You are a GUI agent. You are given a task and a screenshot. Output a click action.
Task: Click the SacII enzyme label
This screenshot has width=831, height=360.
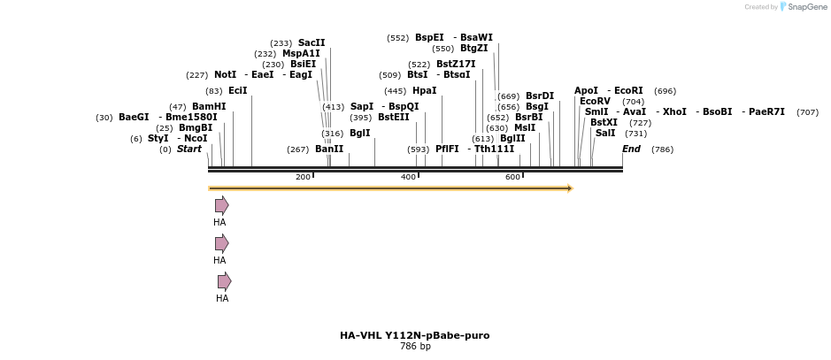coord(312,42)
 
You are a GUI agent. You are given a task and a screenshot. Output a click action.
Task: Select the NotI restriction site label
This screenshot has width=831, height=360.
coord(225,75)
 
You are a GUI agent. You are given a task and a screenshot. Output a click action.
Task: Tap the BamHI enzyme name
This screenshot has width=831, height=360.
coord(209,106)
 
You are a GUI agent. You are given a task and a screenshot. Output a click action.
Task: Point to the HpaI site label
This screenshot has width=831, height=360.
coord(424,91)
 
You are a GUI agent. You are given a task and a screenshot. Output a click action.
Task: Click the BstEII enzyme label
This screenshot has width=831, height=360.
coord(393,117)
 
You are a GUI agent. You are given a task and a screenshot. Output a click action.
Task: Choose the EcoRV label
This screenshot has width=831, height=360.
coord(595,101)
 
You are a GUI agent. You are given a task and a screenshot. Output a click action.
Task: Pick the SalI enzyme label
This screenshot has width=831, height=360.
coord(605,133)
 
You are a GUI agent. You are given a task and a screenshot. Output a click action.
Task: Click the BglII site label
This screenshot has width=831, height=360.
coord(512,138)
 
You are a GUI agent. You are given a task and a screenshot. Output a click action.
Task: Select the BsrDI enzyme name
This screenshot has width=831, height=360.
coord(539,96)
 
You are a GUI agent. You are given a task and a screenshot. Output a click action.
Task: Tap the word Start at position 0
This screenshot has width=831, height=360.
coord(189,149)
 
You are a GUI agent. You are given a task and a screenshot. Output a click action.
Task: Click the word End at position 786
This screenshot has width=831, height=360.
coord(631,149)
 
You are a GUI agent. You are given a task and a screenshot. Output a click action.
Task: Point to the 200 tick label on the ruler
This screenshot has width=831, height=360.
coord(303,177)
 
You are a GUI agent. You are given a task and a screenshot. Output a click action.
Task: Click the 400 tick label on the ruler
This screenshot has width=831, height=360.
coord(408,177)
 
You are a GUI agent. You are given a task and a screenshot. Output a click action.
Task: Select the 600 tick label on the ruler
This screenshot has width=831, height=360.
coord(512,177)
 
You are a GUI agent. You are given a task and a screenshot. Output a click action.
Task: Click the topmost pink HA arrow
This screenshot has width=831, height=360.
coord(221,205)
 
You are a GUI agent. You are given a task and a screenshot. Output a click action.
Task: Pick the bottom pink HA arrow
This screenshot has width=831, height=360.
coord(224,281)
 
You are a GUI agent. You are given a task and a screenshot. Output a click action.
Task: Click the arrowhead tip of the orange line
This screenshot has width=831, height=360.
coord(571,188)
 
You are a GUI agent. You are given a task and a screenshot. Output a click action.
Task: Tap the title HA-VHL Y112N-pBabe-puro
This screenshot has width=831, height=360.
coord(414,335)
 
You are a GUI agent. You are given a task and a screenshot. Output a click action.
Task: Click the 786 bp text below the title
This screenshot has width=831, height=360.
coord(414,347)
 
